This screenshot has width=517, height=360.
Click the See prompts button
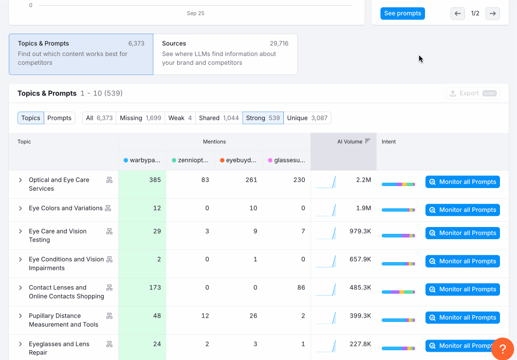402,14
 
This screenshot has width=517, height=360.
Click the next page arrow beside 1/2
492,14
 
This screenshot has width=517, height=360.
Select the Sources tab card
225,54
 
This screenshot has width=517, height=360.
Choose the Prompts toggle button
59,118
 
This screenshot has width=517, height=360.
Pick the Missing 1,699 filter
140,118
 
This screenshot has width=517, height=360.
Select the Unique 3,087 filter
307,118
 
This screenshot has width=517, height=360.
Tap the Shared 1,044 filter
219,118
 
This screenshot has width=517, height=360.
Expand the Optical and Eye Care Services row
20,180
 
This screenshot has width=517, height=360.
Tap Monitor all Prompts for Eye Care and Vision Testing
462,233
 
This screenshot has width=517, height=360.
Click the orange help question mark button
502,349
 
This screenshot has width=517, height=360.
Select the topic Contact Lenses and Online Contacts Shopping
66,292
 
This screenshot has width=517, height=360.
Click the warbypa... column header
142,160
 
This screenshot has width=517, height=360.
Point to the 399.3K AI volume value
360,316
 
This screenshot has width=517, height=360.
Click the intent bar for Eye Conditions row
398,264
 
